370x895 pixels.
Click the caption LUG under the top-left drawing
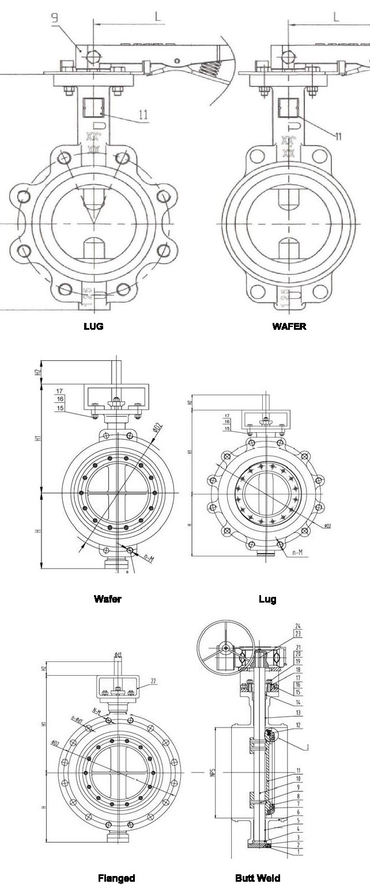pos(93,326)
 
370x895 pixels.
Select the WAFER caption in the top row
pos(289,326)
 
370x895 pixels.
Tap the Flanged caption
pos(116,878)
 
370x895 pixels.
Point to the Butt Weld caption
pos(258,878)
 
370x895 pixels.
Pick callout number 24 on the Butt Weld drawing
pos(298,626)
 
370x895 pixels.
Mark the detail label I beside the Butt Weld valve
pos(307,747)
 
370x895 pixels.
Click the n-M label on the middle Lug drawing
pos(298,552)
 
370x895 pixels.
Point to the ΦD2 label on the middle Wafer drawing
pos(156,429)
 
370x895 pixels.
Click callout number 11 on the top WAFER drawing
pos(338,136)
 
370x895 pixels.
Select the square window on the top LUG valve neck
pos(92,106)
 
